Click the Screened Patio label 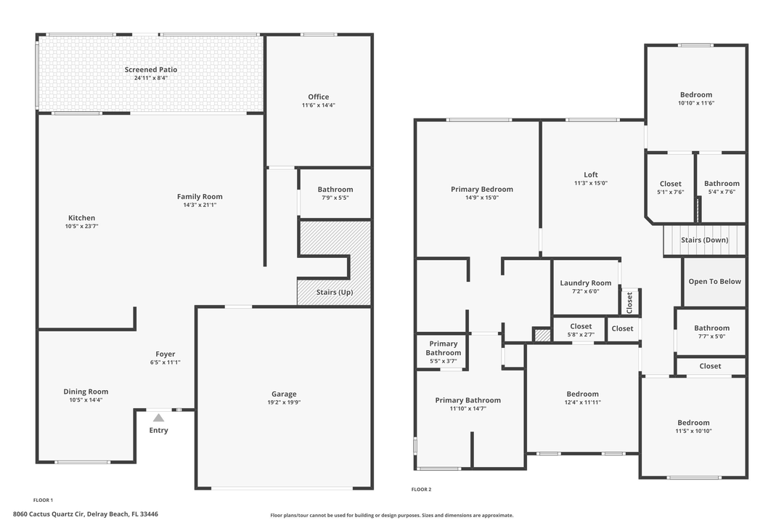pyautogui.click(x=150, y=70)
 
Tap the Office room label pyautogui.click(x=318, y=97)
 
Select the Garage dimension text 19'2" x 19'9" pyautogui.click(x=284, y=403)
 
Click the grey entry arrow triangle pyautogui.click(x=158, y=417)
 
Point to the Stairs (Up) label pyautogui.click(x=335, y=293)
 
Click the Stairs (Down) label pyautogui.click(x=704, y=240)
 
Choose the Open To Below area pyautogui.click(x=714, y=281)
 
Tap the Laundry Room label pyautogui.click(x=585, y=283)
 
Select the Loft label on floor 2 pyautogui.click(x=591, y=174)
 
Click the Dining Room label pyautogui.click(x=86, y=392)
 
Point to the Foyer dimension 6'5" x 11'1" pyautogui.click(x=165, y=362)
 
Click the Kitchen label pyautogui.click(x=81, y=218)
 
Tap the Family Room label pyautogui.click(x=200, y=196)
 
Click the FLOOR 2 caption pyautogui.click(x=421, y=490)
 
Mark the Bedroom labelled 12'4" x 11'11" pyautogui.click(x=582, y=394)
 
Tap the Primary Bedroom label pyautogui.click(x=481, y=189)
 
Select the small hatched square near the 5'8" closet pyautogui.click(x=542, y=335)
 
